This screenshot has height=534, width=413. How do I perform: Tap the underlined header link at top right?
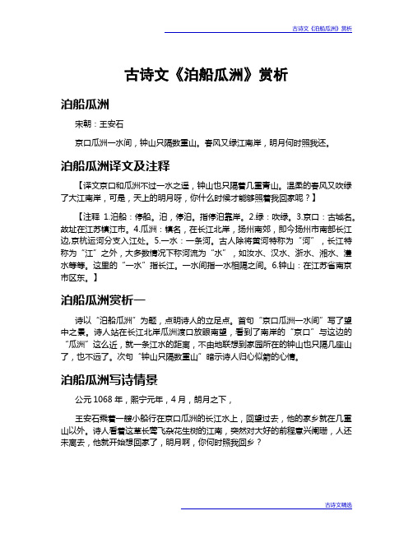[x=322, y=30]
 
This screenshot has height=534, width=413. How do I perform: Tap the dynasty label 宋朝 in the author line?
[x=83, y=126]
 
